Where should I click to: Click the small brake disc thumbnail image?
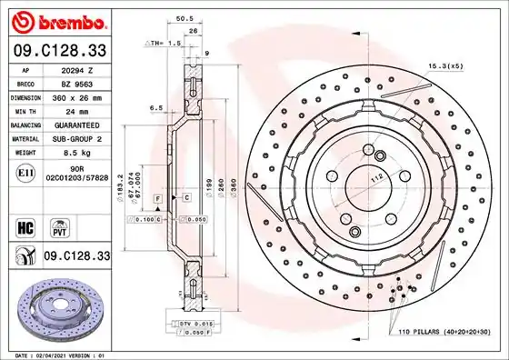coord(60,308)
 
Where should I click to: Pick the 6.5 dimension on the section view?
coord(155,107)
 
